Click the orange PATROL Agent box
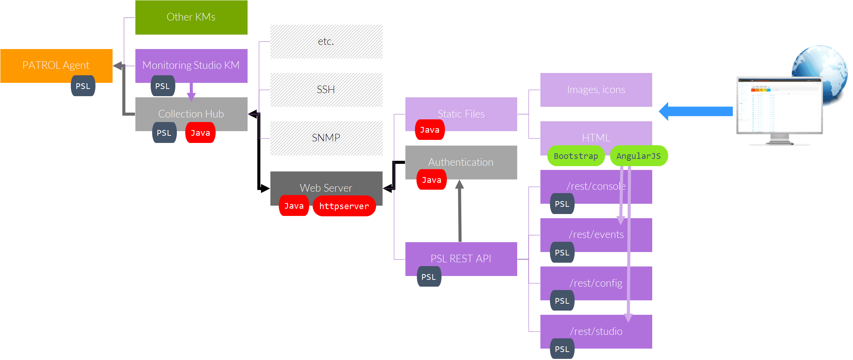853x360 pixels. pyautogui.click(x=56, y=65)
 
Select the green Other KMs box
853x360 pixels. pyautogui.click(x=191, y=17)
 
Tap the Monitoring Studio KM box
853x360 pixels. pyautogui.click(x=191, y=65)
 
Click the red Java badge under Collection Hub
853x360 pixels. pyautogui.click(x=200, y=133)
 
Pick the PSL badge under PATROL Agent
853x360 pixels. pyautogui.click(x=83, y=86)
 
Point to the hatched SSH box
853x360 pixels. pyautogui.click(x=326, y=90)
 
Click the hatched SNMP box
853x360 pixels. pyautogui.click(x=326, y=138)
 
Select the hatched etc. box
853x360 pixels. pyautogui.click(x=326, y=41)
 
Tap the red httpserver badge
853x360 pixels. pyautogui.click(x=344, y=206)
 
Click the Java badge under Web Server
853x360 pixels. pyautogui.click(x=294, y=206)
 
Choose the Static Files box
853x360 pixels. pyautogui.click(x=461, y=114)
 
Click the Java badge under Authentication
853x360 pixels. pyautogui.click(x=431, y=180)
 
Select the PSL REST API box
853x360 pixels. pyautogui.click(x=461, y=259)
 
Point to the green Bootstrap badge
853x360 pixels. pyautogui.click(x=576, y=156)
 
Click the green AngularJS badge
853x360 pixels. pyautogui.click(x=639, y=156)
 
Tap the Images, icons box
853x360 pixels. pyautogui.click(x=596, y=90)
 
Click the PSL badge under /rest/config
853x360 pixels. pyautogui.click(x=562, y=301)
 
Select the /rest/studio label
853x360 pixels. pyautogui.click(x=596, y=331)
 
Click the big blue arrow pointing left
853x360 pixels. pyautogui.click(x=696, y=111)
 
